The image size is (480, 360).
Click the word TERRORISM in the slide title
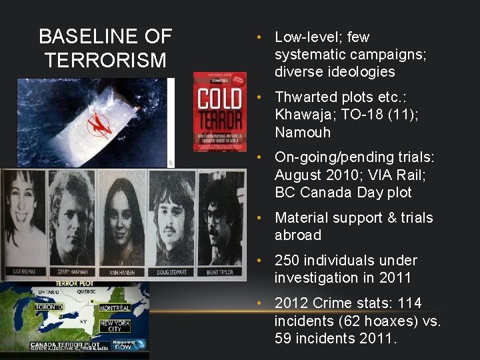105,61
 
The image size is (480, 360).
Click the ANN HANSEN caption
120,271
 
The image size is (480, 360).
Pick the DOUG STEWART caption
169,271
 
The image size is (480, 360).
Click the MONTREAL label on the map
114,308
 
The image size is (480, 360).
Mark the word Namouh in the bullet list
303,132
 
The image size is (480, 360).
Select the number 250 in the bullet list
288,260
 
